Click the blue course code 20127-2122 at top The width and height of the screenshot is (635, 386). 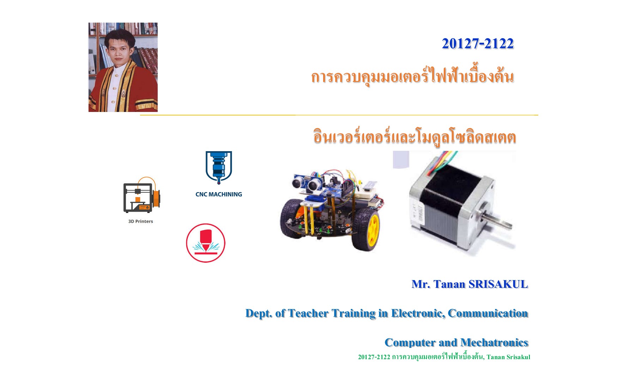click(x=478, y=43)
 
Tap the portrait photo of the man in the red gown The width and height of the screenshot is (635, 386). click(x=123, y=67)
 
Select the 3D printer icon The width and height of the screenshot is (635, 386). click(x=141, y=195)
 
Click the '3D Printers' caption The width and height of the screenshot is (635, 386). click(x=140, y=221)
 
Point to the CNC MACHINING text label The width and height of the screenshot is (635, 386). click(x=219, y=194)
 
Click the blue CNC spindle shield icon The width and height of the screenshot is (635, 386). click(x=219, y=167)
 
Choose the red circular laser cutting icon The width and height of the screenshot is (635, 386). click(x=206, y=243)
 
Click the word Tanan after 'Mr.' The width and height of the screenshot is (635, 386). click(x=449, y=284)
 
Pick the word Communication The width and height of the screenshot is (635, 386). click(x=488, y=313)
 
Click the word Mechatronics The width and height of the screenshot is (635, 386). click(x=494, y=343)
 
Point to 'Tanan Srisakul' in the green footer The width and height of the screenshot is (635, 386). click(x=508, y=357)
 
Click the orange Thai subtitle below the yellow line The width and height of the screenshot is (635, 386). click(x=415, y=137)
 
